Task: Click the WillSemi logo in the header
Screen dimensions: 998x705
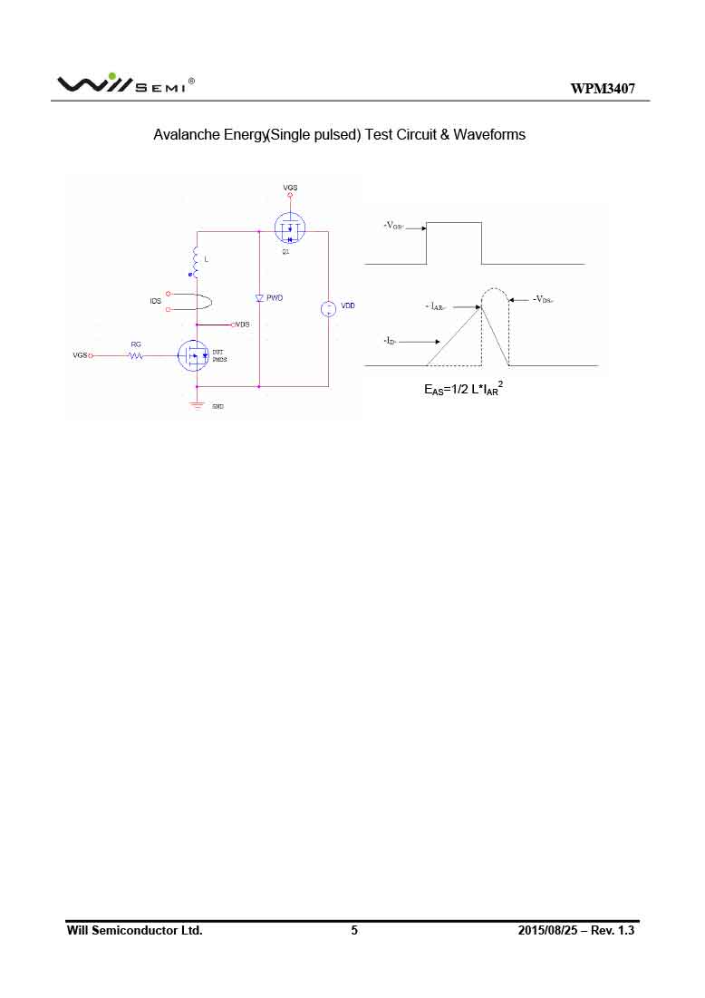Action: coord(125,83)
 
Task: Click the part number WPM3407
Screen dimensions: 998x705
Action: coord(603,88)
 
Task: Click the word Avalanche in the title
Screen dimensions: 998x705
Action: coord(185,134)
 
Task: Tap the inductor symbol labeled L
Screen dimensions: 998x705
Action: coord(195,259)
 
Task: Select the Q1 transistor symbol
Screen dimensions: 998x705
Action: coord(290,228)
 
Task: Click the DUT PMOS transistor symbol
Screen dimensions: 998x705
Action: coord(193,355)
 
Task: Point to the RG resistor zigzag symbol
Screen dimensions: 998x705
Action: coord(136,356)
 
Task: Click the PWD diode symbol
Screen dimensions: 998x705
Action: coord(259,297)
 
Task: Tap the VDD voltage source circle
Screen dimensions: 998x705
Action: coord(328,309)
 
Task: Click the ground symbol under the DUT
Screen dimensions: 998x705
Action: coord(197,403)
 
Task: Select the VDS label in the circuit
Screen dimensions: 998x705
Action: coord(242,324)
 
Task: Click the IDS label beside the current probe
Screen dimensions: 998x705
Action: coord(155,300)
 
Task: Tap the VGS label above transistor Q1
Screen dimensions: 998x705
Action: coord(290,188)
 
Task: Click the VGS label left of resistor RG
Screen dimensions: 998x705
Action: coord(81,355)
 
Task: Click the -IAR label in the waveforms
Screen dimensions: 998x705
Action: coord(437,307)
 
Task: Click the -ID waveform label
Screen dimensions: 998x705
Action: coord(390,341)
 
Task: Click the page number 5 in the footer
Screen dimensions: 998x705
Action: coord(354,930)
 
